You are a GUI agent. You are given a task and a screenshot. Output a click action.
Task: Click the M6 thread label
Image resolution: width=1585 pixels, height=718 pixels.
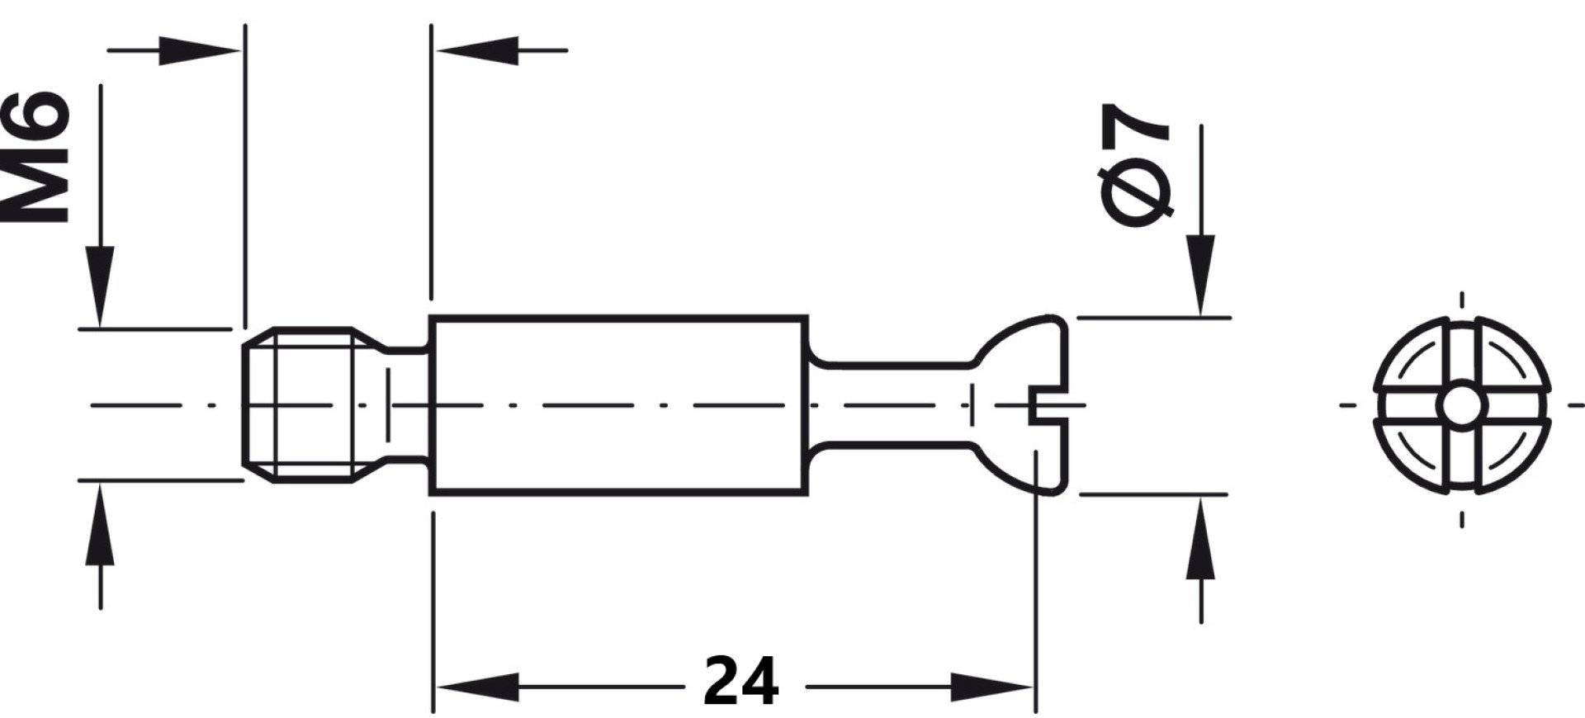(x=35, y=157)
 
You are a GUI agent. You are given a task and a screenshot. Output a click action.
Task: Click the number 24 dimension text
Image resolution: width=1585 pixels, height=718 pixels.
(x=741, y=682)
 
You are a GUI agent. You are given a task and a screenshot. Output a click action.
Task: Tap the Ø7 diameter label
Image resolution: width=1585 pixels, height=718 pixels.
(x=1137, y=165)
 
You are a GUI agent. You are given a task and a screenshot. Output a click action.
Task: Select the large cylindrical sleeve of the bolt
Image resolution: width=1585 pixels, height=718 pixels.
(x=618, y=405)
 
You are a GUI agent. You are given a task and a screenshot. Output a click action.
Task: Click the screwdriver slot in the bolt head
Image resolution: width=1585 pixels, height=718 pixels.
(x=1048, y=405)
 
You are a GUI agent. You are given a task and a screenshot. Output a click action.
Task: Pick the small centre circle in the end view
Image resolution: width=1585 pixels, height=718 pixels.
(x=1461, y=405)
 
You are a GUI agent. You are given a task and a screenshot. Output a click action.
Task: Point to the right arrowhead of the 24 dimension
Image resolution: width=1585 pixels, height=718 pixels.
(x=993, y=687)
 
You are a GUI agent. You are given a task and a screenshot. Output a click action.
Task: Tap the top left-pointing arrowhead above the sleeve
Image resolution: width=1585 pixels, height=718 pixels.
(x=477, y=50)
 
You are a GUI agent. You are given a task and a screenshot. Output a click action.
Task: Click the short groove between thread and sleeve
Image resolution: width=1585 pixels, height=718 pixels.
(x=405, y=404)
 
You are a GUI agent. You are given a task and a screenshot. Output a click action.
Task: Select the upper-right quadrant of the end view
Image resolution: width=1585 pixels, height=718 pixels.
(x=1510, y=356)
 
